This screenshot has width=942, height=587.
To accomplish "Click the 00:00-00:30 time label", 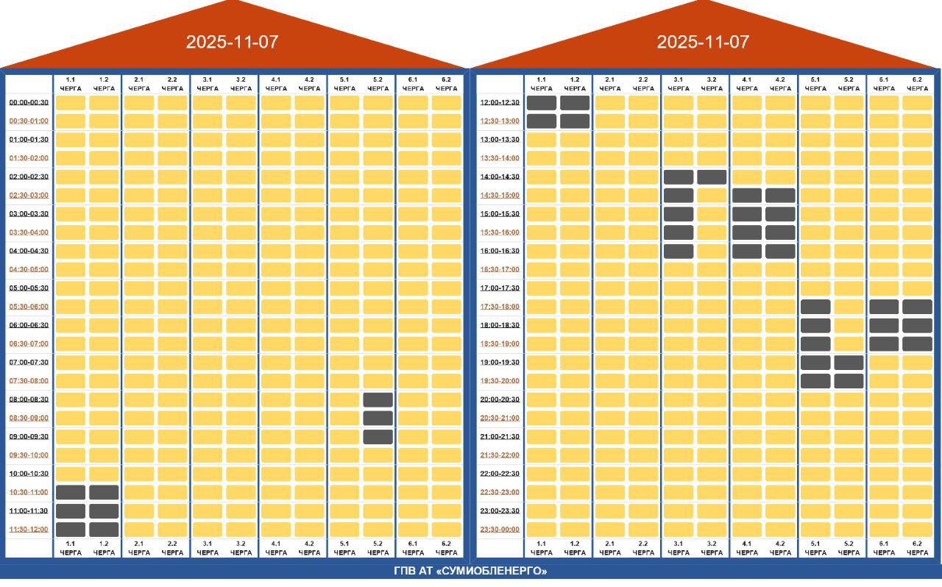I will pos(29,102).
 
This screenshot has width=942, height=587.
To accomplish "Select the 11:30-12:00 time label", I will pos(29,529).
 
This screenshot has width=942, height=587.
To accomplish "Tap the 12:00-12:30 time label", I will pos(500,102).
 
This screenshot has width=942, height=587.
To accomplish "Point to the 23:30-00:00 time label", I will pos(500,529).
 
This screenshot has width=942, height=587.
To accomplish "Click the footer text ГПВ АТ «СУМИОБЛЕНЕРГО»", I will pos(470,572).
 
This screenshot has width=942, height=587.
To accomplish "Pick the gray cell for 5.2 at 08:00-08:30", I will pos(378,399).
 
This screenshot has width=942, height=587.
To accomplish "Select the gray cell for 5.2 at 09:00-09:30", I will pos(378,436).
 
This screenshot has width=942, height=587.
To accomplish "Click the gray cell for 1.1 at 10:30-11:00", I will pos(71,492).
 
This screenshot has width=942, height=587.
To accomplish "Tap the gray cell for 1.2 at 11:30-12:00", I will pos(104,529).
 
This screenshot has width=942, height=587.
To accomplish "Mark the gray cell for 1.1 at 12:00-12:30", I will pos(542,102).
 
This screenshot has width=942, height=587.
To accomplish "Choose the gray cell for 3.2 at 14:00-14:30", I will pos(712,177).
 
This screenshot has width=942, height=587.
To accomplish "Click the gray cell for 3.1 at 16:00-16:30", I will pos(679,251).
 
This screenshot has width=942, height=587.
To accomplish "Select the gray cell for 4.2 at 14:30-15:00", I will pos(780,195).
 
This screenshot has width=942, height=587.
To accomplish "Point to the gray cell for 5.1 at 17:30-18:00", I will pos(815,307).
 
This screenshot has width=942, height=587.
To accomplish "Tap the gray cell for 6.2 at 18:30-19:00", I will pos(917,344).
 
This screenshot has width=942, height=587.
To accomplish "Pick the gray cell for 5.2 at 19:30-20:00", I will pos(849,380).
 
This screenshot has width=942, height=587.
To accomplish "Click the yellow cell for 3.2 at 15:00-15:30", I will pos(712,214).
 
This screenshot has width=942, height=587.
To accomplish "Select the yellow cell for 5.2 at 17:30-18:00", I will pos(849,307).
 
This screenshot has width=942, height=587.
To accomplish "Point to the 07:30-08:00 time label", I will pos(29,381).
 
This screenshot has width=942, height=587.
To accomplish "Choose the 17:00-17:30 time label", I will pos(500,288).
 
